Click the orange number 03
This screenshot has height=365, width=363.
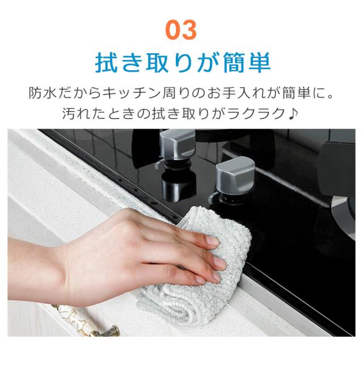pos(181,28)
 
